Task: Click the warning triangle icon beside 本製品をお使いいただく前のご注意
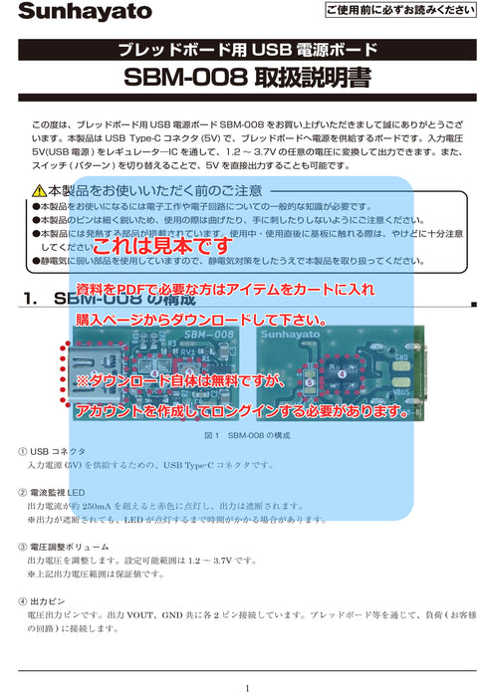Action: (x=38, y=190)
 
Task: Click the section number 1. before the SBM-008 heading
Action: (x=29, y=297)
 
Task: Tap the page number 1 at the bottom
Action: (x=246, y=687)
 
